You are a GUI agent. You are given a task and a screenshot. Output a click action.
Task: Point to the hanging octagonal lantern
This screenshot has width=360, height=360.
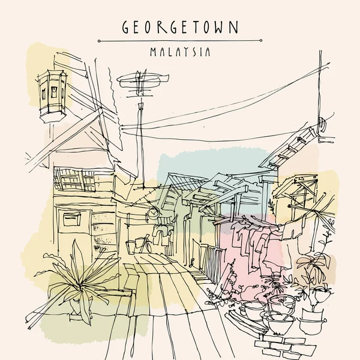tap(51, 90)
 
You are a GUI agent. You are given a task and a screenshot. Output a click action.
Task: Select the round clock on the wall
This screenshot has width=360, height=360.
tap(155, 211)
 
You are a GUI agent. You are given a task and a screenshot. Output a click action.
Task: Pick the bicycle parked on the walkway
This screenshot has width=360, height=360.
tap(142, 244)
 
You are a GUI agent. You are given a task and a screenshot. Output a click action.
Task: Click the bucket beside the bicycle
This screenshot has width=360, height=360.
tap(131, 246)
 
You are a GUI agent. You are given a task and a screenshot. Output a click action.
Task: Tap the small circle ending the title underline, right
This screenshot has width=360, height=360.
tap(262, 41)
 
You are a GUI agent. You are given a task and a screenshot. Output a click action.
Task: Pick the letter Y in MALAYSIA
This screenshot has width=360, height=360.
tap(190, 52)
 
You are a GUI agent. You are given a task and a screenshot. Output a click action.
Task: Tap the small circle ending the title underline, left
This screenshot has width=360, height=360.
tap(98, 41)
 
